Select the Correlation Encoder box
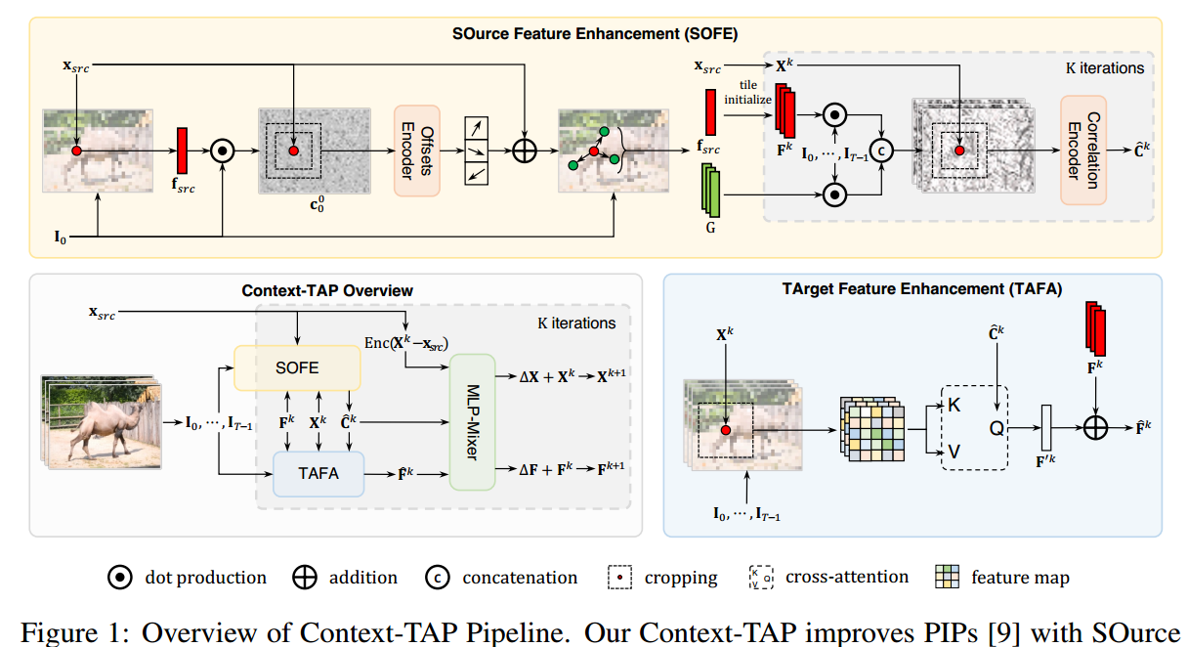coord(1082,150)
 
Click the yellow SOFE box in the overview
coord(298,367)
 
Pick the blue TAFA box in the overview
coord(318,474)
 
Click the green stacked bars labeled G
coord(710,192)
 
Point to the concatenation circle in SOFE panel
coord(882,150)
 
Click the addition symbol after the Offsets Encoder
coord(526,150)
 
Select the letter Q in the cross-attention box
coord(997,427)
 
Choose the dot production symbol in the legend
coord(120,578)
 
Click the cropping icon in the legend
coord(620,578)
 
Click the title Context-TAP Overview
coord(326,290)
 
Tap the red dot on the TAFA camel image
coord(725,429)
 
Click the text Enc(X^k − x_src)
coord(406,345)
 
